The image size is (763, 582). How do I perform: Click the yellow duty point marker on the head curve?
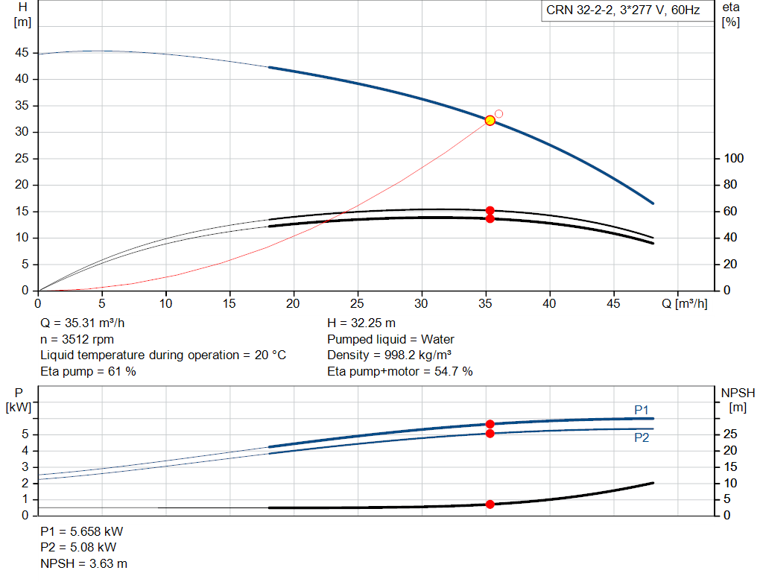click(x=490, y=120)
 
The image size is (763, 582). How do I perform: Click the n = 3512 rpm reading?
click(x=77, y=339)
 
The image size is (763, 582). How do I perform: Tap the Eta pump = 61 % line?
click(x=88, y=370)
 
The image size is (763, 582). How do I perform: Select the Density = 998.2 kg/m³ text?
click(x=390, y=355)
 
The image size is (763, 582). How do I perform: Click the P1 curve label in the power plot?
click(x=642, y=410)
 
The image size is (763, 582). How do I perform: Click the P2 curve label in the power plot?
click(x=642, y=438)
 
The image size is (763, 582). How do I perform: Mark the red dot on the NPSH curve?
click(x=490, y=504)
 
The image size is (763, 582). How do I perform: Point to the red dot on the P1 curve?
click(x=490, y=424)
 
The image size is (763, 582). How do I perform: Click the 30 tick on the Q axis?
click(x=422, y=304)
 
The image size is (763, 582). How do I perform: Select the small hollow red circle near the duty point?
click(x=498, y=114)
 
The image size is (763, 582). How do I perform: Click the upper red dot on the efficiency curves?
click(x=490, y=211)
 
